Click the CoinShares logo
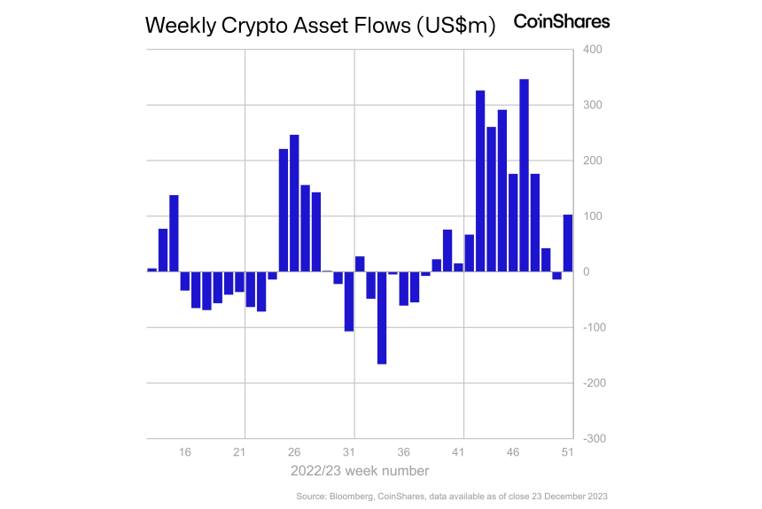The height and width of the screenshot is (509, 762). tap(562, 21)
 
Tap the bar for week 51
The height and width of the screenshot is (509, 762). tap(568, 243)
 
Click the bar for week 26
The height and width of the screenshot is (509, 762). tap(294, 203)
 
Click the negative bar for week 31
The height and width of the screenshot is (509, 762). tap(349, 301)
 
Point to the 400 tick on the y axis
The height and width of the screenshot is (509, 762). tap(593, 50)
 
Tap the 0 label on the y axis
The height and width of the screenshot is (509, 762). tap(586, 272)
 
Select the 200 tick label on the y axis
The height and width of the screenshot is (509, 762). tap(593, 161)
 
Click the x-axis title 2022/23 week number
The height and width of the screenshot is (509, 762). tap(360, 471)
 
